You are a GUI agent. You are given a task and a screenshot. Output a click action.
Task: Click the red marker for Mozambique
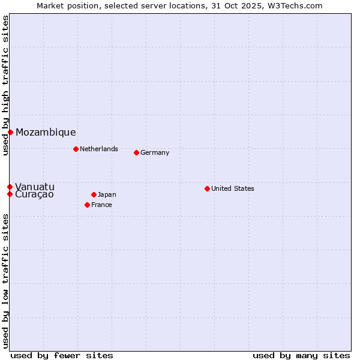coord(10,132)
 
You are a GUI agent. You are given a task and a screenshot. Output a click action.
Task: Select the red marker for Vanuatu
coord(10,187)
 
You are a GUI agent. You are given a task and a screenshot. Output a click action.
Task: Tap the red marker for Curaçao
coord(10,194)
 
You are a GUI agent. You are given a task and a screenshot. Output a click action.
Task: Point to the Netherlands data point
coord(76,149)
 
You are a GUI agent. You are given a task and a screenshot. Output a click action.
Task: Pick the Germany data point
coord(136,152)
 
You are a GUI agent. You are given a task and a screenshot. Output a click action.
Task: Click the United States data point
coord(207,188)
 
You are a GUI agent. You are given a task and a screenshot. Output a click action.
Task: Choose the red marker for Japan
coord(94,194)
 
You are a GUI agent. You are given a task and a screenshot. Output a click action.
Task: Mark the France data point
coord(87,205)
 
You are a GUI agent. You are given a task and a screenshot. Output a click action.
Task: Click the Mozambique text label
coord(46,133)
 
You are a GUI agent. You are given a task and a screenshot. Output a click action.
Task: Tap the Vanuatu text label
coord(35,187)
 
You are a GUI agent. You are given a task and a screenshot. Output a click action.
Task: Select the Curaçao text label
coord(34,194)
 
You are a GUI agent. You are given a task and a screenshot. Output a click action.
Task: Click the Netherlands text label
coord(99,149)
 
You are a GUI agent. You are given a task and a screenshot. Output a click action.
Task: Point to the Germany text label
coord(155,152)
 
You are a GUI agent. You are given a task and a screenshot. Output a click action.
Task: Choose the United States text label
coord(233,188)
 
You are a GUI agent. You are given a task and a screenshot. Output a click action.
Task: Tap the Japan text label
coord(107,194)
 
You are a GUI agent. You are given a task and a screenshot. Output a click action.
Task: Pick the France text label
coord(101,205)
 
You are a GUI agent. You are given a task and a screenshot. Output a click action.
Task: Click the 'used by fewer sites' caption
coord(62,355)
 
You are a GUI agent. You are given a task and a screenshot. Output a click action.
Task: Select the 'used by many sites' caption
coord(301,355)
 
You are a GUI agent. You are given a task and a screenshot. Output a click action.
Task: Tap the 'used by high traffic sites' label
coord(6,85)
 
